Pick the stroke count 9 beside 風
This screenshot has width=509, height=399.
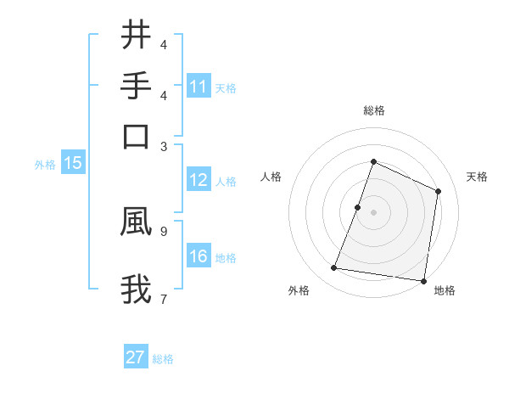pyautogui.click(x=163, y=229)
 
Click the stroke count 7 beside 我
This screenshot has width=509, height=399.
pyautogui.click(x=163, y=298)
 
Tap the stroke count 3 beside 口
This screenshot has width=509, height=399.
pyautogui.click(x=163, y=146)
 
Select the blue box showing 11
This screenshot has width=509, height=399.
pyautogui.click(x=198, y=87)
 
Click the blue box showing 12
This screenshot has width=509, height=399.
pyautogui.click(x=198, y=180)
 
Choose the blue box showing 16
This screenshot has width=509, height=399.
pyautogui.click(x=198, y=256)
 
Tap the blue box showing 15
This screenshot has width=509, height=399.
pyautogui.click(x=72, y=163)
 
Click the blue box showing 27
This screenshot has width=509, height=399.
pyautogui.click(x=136, y=357)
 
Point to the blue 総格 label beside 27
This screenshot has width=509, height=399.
pyautogui.click(x=163, y=359)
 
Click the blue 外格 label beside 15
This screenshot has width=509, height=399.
pyautogui.click(x=45, y=165)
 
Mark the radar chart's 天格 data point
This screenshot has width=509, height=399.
pyautogui.click(x=439, y=191)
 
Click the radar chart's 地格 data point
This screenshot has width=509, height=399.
pyautogui.click(x=423, y=281)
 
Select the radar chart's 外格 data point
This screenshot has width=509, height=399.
pyautogui.click(x=334, y=268)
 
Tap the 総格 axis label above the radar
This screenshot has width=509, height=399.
pyautogui.click(x=373, y=110)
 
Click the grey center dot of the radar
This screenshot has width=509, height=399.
pyautogui.click(x=373, y=212)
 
